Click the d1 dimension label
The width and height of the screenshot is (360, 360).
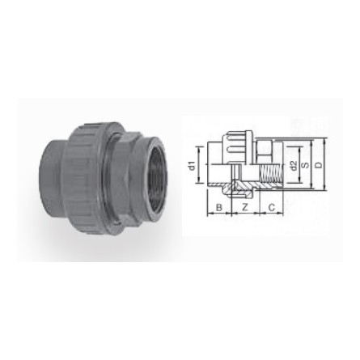[192, 166]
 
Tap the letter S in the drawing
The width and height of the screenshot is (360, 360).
[305, 166]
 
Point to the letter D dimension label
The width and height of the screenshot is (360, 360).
[317, 166]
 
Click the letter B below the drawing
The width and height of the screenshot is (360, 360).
[218, 208]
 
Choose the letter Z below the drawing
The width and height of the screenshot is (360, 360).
[244, 208]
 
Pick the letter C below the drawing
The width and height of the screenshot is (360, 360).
[270, 208]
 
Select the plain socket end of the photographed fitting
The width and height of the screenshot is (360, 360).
[47, 170]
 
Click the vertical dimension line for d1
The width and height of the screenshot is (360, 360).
[199, 166]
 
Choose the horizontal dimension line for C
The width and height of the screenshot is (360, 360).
[270, 214]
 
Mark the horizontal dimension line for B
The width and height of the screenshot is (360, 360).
[218, 214]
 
